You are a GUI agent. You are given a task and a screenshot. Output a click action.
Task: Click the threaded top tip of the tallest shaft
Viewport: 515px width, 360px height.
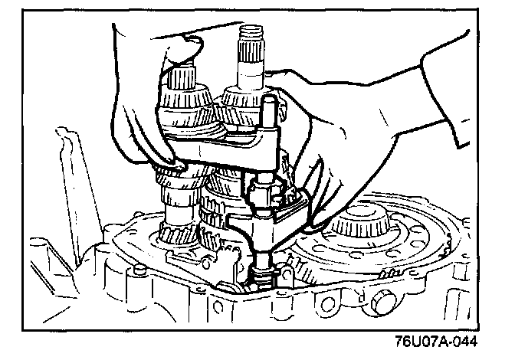click(x=251, y=34)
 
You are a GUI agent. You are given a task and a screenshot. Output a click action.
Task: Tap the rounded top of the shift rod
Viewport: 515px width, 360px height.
click(x=267, y=102)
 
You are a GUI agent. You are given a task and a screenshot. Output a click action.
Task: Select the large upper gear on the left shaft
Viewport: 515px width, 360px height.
click(x=185, y=107)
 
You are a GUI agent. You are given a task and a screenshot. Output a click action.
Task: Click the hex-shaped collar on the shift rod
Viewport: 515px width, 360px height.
click(x=262, y=188)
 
